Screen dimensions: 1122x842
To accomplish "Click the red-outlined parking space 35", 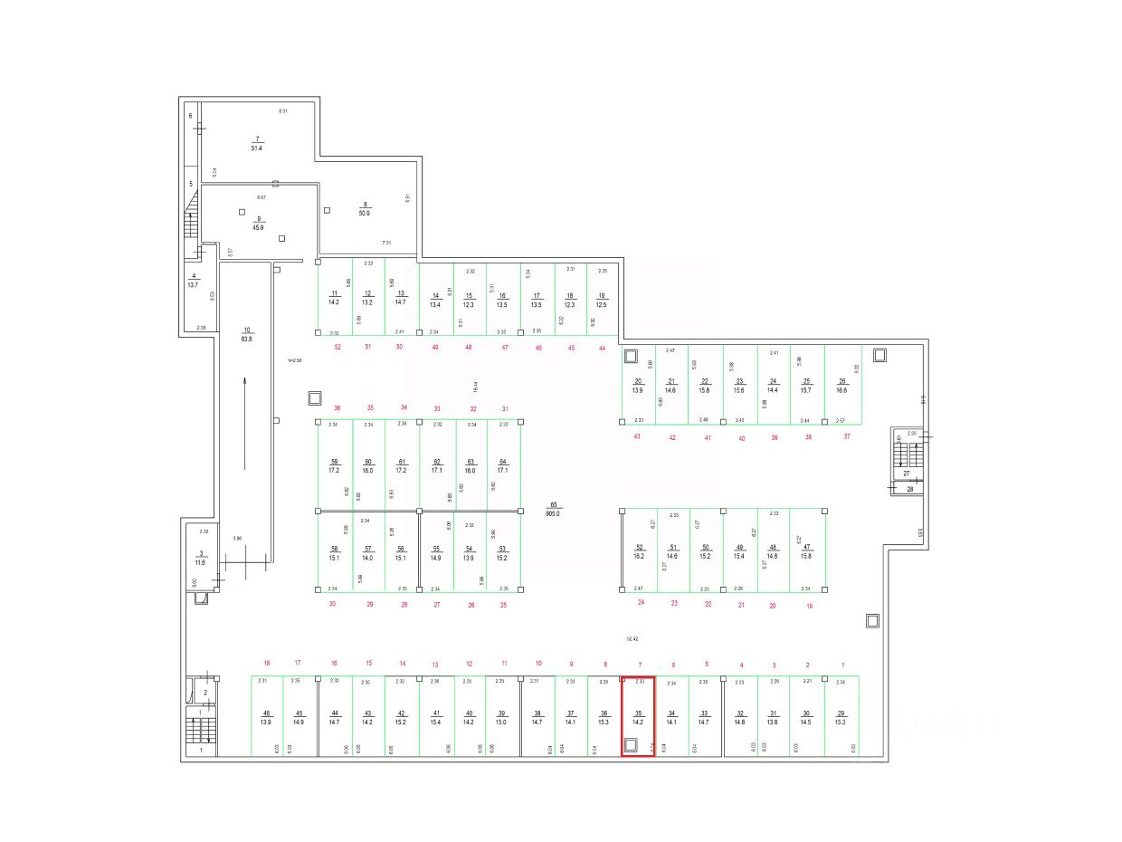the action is pyautogui.click(x=638, y=716).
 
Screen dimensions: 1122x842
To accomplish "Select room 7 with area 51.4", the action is pyautogui.click(x=257, y=143).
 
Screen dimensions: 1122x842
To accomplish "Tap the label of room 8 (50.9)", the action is pyautogui.click(x=366, y=208).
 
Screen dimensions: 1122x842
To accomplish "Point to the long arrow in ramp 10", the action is pyautogui.click(x=244, y=423).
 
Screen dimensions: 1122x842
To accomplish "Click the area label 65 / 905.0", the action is pyautogui.click(x=555, y=509).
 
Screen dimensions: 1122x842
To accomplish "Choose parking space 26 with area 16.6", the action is pyautogui.click(x=841, y=385).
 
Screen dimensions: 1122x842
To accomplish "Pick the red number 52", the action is pyautogui.click(x=338, y=347).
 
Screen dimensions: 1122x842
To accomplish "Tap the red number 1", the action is pyautogui.click(x=842, y=665).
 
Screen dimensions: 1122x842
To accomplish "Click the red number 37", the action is pyautogui.click(x=847, y=436).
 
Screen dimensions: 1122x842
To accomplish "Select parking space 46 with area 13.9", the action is pyautogui.click(x=266, y=716).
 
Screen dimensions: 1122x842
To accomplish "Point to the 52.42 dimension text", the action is pyautogui.click(x=632, y=638).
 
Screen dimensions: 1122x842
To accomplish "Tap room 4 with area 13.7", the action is pyautogui.click(x=193, y=280).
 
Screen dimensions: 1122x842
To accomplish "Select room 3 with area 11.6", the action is pyautogui.click(x=200, y=558).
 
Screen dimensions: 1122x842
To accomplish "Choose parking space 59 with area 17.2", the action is pyautogui.click(x=334, y=465).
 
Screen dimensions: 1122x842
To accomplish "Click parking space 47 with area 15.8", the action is pyautogui.click(x=807, y=551).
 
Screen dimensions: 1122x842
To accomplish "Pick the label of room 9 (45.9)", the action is pyautogui.click(x=258, y=223).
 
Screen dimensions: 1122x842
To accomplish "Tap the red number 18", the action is pyautogui.click(x=267, y=664).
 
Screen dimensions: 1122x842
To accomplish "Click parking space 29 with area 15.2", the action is pyautogui.click(x=841, y=716).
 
